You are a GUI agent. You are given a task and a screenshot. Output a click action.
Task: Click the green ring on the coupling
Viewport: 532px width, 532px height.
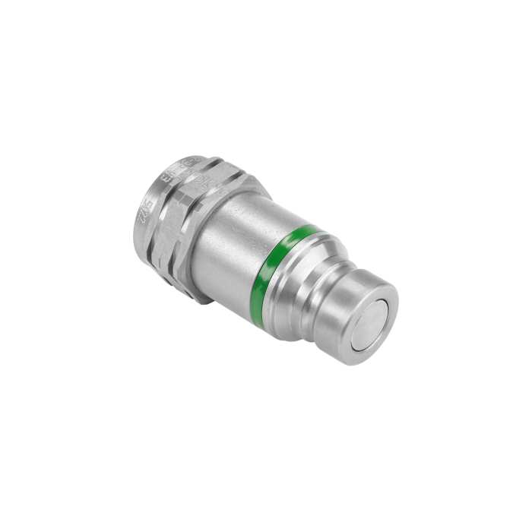278,262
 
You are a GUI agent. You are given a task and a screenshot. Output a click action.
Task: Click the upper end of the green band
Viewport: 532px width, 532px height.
309,228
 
